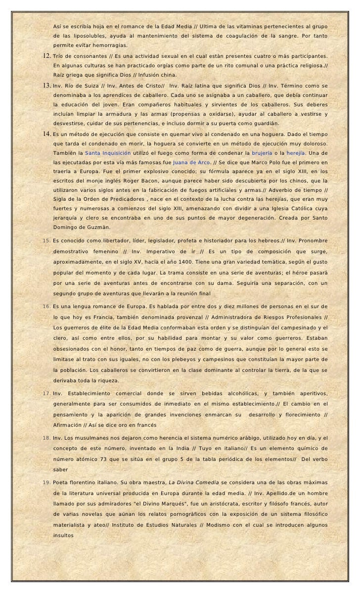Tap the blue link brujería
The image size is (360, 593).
pos(262,153)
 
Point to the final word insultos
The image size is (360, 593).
pos(63,535)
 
